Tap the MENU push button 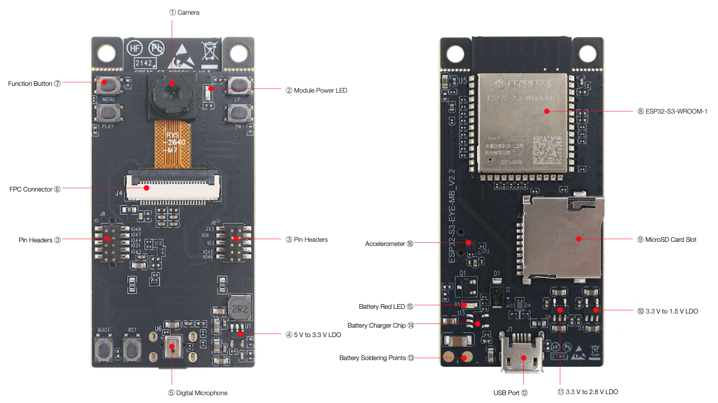[x=108, y=84]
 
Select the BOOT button [x=104, y=348]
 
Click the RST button [x=132, y=348]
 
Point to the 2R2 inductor [x=240, y=309]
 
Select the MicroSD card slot [x=563, y=238]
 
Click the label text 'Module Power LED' [x=320, y=91]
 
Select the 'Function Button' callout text [x=30, y=84]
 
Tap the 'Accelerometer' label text [x=385, y=244]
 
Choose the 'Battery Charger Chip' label [x=376, y=326]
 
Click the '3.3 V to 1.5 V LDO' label [x=671, y=311]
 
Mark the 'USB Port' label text [x=507, y=393]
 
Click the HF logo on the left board [x=134, y=48]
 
